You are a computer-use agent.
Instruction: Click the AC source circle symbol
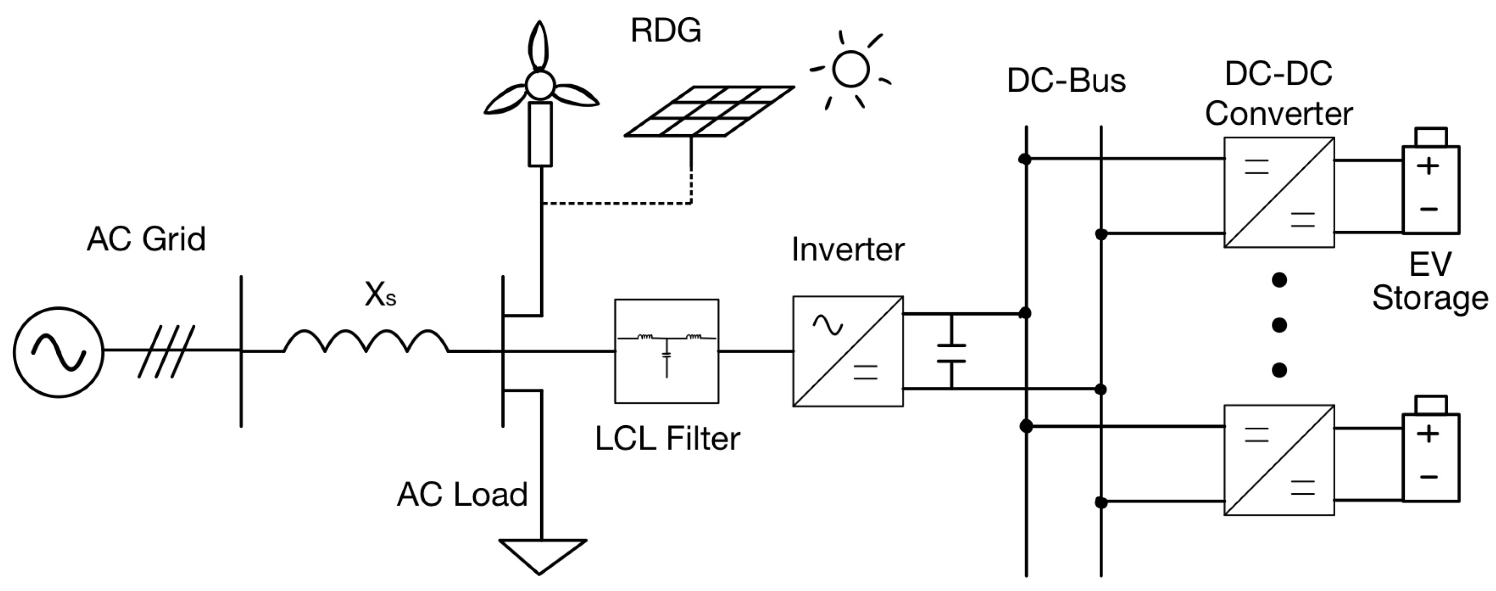click(x=59, y=352)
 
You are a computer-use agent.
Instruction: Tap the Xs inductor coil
click(x=366, y=342)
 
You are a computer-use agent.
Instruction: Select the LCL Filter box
click(x=667, y=351)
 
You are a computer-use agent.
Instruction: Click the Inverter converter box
click(x=848, y=351)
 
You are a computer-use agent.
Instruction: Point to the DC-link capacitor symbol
click(x=951, y=353)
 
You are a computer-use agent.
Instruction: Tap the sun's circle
click(x=851, y=69)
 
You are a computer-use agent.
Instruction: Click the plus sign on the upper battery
click(x=1428, y=166)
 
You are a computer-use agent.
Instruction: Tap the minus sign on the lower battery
click(x=1428, y=478)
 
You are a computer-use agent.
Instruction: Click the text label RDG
click(x=665, y=30)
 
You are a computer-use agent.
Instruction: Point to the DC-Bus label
click(x=1066, y=81)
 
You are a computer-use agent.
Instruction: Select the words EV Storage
click(x=1430, y=281)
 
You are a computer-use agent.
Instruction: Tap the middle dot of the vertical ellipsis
click(x=1280, y=325)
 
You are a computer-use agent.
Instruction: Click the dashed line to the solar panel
click(x=616, y=203)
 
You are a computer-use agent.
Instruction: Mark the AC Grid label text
click(x=146, y=239)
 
